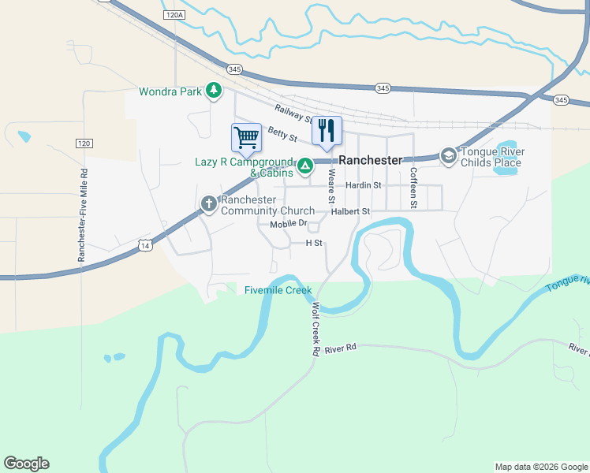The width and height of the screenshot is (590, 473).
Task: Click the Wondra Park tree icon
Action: (x=213, y=91)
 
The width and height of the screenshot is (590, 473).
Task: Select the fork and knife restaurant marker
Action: (x=327, y=130)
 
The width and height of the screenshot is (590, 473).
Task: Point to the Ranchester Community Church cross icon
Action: (x=209, y=204)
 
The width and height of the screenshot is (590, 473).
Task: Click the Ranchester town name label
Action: (x=371, y=159)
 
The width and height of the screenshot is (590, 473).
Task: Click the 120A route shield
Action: (x=175, y=15)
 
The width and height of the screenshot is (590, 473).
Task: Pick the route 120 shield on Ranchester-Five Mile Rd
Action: (x=84, y=143)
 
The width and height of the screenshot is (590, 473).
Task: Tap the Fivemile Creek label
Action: (x=278, y=290)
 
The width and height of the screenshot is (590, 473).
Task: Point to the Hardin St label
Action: (x=364, y=185)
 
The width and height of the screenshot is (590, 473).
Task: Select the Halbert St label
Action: (x=350, y=211)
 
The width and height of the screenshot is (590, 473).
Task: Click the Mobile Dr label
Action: (x=288, y=225)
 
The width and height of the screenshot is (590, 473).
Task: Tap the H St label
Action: (x=315, y=244)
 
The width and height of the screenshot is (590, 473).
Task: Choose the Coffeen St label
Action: (x=413, y=188)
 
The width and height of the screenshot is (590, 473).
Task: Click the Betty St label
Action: (x=282, y=134)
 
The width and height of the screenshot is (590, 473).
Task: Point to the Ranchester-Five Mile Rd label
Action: (x=81, y=214)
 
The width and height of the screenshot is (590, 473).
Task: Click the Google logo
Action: (x=26, y=464)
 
